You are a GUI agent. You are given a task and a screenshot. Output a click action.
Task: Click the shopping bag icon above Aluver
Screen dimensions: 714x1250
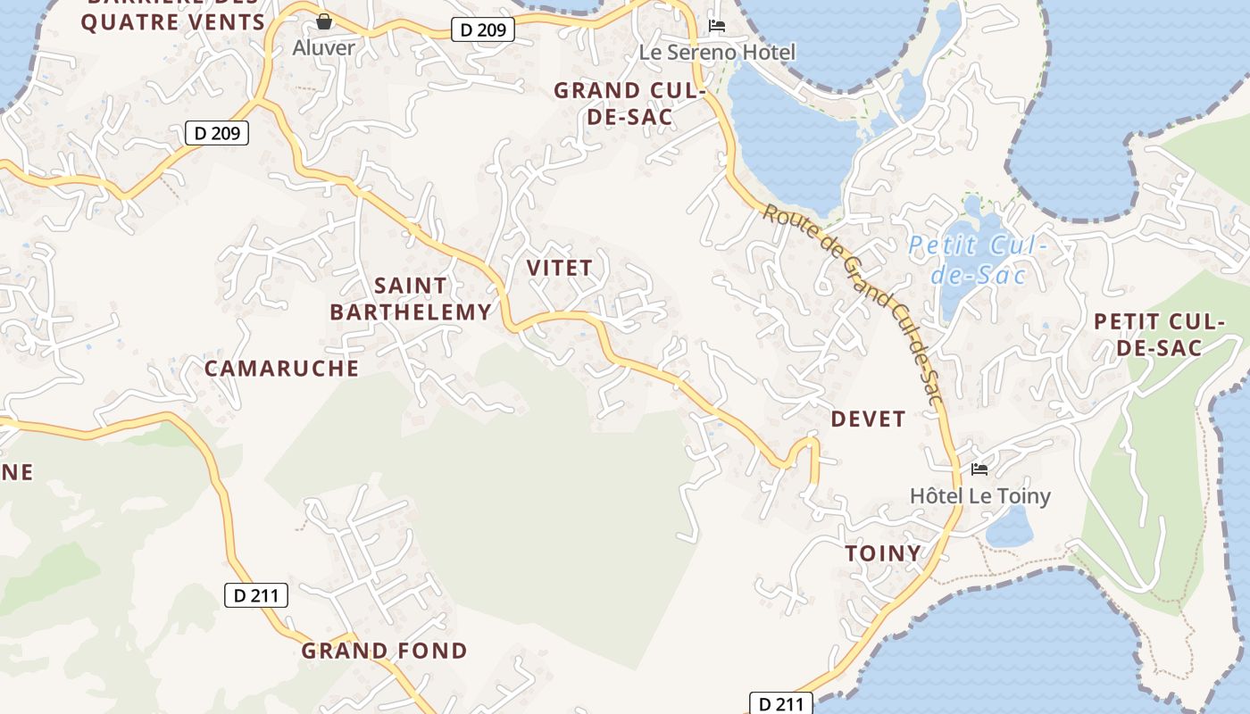click(324, 21)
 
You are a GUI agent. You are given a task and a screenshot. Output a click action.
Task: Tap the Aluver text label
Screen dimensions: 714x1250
click(323, 47)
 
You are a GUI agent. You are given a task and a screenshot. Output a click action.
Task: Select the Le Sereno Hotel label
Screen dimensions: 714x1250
click(717, 52)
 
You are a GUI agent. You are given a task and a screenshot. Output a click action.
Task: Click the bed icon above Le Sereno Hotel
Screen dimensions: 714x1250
click(716, 26)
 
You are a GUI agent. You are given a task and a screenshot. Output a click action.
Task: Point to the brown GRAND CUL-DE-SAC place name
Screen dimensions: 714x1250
click(630, 103)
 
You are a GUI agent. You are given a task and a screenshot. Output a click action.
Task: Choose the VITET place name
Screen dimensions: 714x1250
click(559, 268)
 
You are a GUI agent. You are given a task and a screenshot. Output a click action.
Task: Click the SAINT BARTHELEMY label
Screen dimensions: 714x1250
click(411, 298)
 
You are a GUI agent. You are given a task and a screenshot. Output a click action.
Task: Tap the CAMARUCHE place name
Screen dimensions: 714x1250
click(281, 368)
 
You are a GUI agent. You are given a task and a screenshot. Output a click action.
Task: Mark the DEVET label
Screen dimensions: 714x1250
click(868, 419)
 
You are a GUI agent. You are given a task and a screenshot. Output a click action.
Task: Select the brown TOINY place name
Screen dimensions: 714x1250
click(883, 553)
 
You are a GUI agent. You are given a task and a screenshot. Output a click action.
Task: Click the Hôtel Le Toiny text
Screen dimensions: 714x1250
click(979, 495)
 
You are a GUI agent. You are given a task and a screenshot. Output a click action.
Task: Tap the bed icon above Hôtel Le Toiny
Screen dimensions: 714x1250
click(979, 469)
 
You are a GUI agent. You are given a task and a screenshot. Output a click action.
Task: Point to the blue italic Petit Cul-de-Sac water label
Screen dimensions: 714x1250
click(978, 259)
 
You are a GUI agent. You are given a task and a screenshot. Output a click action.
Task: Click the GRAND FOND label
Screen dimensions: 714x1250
click(384, 651)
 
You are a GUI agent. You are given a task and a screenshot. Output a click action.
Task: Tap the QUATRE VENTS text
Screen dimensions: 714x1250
click(173, 22)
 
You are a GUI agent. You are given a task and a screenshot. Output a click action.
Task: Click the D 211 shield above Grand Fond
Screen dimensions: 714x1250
click(255, 595)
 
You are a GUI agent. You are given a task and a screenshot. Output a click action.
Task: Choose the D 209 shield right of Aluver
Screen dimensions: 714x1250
click(483, 29)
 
